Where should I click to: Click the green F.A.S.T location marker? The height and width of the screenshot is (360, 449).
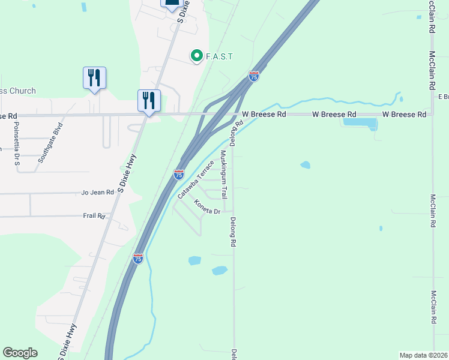click(196, 56)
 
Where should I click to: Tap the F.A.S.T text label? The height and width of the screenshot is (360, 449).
click(219, 56)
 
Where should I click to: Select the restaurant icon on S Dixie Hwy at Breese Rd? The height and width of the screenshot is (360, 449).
click(148, 100)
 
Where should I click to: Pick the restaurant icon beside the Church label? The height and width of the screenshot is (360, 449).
click(94, 79)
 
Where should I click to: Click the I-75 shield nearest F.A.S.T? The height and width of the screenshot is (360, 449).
click(254, 76)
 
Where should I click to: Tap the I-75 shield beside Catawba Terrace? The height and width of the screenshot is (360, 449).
click(178, 175)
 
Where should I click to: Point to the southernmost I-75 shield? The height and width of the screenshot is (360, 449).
click(138, 258)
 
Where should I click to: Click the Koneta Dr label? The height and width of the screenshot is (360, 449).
click(207, 207)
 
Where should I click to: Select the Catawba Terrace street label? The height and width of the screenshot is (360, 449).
click(196, 179)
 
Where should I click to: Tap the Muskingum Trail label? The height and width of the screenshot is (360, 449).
click(223, 175)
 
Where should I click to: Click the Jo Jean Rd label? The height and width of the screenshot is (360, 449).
click(97, 192)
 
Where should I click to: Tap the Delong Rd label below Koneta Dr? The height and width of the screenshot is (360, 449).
click(233, 232)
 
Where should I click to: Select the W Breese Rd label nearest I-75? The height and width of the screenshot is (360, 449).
click(264, 114)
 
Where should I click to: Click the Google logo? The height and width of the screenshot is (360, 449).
click(20, 353)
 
